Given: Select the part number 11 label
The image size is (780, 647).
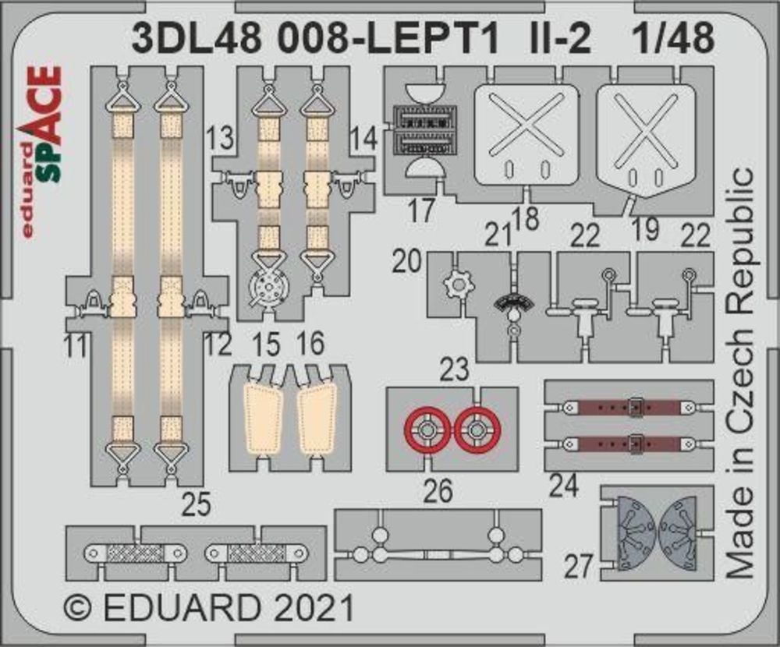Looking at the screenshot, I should coord(75,345).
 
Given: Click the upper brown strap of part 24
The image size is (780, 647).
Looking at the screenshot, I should coord(627,407).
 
